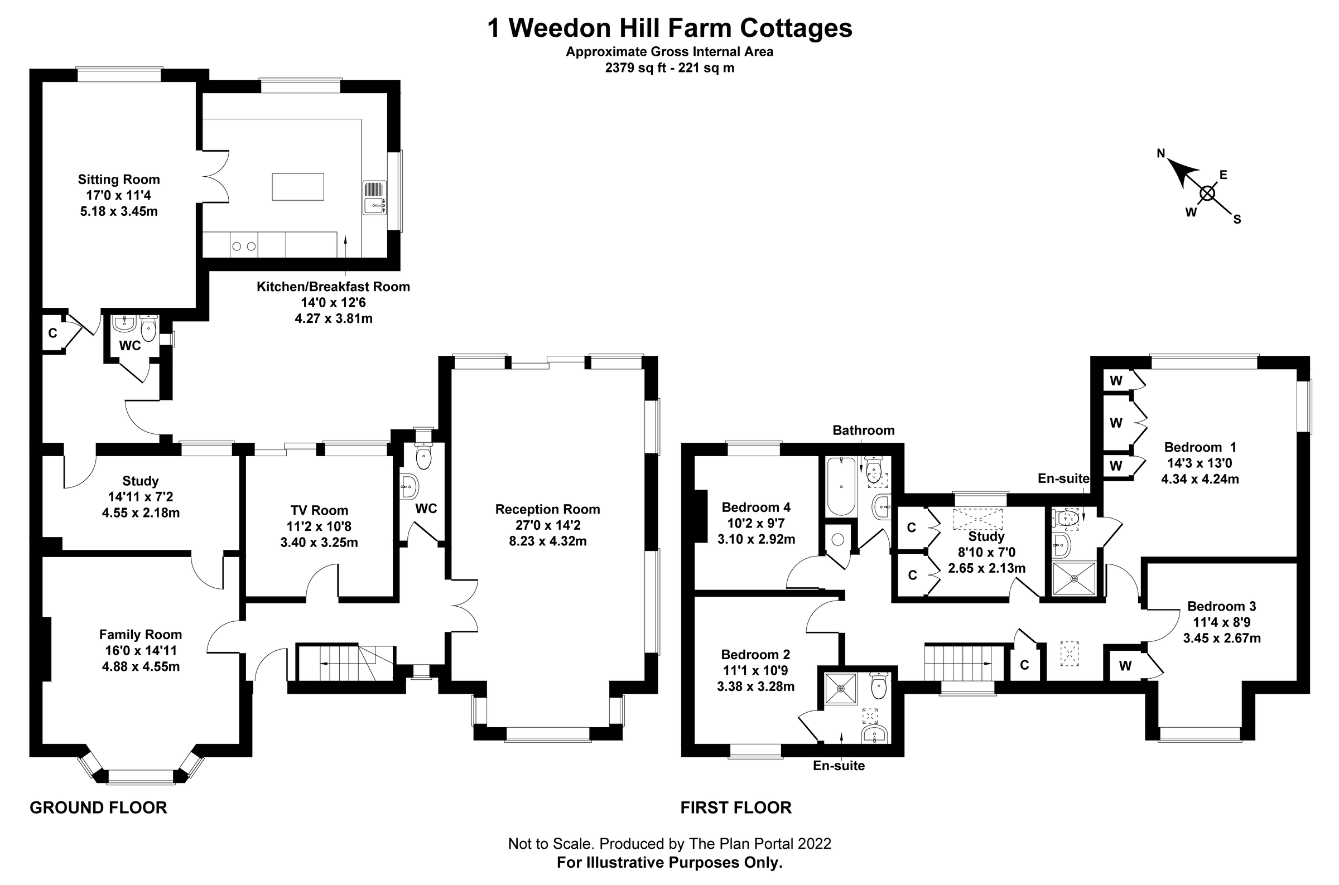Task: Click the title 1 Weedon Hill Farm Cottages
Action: tap(669, 28)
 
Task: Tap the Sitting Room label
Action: tap(118, 180)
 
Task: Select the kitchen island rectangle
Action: tap(298, 187)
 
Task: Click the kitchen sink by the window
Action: tap(374, 206)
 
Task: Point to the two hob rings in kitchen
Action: tap(244, 246)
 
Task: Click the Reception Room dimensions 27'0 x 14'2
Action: tap(547, 525)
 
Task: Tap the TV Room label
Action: tap(319, 511)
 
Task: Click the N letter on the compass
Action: tap(1161, 153)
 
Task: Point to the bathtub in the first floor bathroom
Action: tap(841, 486)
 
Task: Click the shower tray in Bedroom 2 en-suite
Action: tap(841, 689)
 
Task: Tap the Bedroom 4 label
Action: tap(756, 507)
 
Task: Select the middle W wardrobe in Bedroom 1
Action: tap(1116, 423)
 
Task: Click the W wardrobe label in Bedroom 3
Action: tap(1125, 666)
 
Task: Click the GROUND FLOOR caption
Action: tap(98, 807)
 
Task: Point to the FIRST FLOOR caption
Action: tap(735, 807)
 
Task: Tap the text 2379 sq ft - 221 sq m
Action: tap(669, 68)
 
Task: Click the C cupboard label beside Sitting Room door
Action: tap(52, 333)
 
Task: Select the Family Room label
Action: tap(141, 635)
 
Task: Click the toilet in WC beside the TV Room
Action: tap(423, 457)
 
